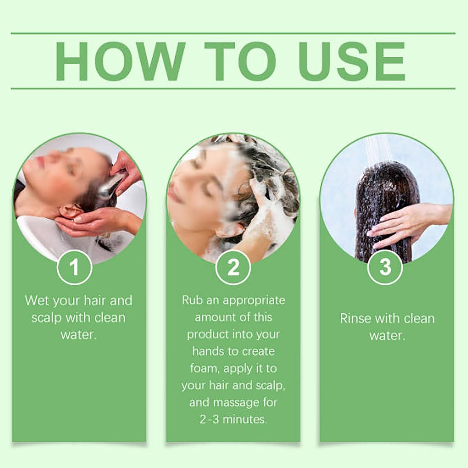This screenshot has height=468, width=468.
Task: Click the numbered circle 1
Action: tap(74, 267)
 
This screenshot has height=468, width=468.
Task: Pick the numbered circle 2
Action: tap(233, 267)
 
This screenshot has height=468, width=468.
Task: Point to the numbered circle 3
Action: tap(385, 267)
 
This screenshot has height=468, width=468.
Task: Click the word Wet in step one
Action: tap(37, 300)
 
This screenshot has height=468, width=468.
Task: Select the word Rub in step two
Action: tap(190, 300)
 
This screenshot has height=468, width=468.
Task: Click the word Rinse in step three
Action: tap(355, 318)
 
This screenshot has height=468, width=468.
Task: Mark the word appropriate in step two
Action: tap(254, 300)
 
